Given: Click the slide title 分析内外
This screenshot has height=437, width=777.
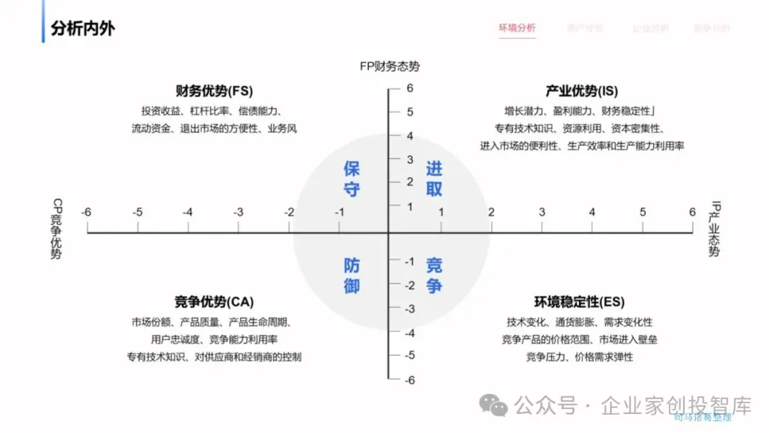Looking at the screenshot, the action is point(83,29).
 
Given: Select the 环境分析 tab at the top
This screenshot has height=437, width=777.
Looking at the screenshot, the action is point(517,28).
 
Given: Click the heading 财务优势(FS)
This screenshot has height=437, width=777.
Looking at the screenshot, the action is point(214,91).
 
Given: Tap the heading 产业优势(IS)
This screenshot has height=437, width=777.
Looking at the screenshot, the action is point(581,91).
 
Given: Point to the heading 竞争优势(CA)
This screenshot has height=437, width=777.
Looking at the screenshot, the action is point(214,302).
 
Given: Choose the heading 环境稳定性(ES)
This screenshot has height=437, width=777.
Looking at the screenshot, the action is point(579,302).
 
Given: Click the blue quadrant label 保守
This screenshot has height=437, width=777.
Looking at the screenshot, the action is point(352,179).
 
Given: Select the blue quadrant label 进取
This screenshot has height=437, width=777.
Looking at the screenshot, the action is point(434,179).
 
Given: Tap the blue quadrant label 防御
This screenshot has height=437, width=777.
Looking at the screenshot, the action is point(352,275).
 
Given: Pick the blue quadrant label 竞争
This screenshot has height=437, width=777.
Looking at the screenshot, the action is point(434,275).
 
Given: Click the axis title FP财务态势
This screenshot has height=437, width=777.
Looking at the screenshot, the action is point(390,66).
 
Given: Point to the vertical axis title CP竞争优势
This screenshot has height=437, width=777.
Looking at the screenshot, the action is point(56,229).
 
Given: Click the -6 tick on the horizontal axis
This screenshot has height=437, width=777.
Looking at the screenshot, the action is point(86,212).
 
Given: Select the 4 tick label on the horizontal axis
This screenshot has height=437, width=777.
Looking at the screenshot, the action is point(592,212).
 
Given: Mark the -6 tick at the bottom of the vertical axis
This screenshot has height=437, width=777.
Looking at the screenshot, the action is point(409,380).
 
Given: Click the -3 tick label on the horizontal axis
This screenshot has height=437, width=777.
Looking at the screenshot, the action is point(238,212).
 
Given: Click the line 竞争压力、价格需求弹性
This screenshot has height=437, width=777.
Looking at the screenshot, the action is point(579,356).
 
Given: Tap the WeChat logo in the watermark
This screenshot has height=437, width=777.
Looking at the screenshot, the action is point(494,405).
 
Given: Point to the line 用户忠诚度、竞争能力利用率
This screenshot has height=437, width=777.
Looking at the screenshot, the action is point(214,339).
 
